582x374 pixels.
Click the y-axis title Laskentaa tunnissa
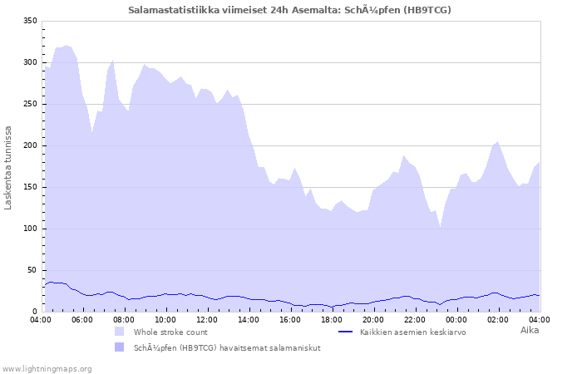pyautogui.click(x=9, y=167)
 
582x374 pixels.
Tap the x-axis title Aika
pyautogui.click(x=529, y=330)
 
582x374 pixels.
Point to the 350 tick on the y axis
pyautogui.click(x=30, y=21)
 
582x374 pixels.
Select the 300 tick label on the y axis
pyautogui.click(x=30, y=62)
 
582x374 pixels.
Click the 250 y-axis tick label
pyautogui.click(x=30, y=104)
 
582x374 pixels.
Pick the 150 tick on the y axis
pyautogui.click(x=30, y=187)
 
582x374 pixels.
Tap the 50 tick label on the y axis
pyautogui.click(x=32, y=270)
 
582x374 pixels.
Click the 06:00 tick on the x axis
pyautogui.click(x=82, y=319)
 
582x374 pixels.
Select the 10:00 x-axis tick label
pyautogui.click(x=165, y=319)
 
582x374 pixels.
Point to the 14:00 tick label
pyautogui.click(x=249, y=319)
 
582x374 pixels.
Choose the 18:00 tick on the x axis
pyautogui.click(x=332, y=319)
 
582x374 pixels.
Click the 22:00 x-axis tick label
pyautogui.click(x=415, y=319)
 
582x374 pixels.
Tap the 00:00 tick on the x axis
pyautogui.click(x=456, y=319)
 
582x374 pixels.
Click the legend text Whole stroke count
pyautogui.click(x=170, y=332)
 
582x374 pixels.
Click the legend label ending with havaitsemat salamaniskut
pyautogui.click(x=227, y=347)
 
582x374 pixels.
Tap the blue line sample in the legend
pyautogui.click(x=347, y=332)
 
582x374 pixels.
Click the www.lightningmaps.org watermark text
pyautogui.click(x=47, y=368)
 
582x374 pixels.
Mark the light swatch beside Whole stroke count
pyautogui.click(x=120, y=332)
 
